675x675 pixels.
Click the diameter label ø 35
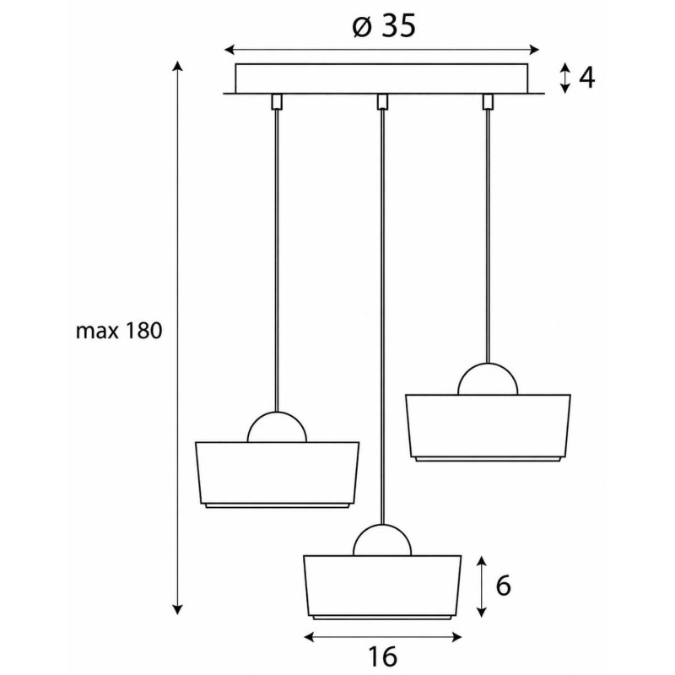click(x=384, y=26)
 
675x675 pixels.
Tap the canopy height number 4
click(x=586, y=78)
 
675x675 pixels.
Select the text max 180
click(x=119, y=332)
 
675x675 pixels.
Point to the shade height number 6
click(x=503, y=586)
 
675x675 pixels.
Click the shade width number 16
click(x=383, y=657)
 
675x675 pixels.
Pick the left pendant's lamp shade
click(x=277, y=475)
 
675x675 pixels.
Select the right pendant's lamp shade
click(x=489, y=428)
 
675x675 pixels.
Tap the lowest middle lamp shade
click(x=382, y=587)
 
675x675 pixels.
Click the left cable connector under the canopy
click(x=277, y=102)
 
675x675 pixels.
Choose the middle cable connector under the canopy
click(x=382, y=102)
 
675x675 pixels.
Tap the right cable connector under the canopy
click(x=488, y=102)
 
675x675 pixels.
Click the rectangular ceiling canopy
click(x=382, y=78)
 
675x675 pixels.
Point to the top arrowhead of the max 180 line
click(x=177, y=66)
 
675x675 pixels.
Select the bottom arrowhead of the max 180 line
click(x=177, y=609)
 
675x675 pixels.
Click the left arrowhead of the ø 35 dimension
click(x=229, y=50)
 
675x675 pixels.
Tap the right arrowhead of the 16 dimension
click(x=456, y=637)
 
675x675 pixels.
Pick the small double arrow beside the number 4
click(x=565, y=78)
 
